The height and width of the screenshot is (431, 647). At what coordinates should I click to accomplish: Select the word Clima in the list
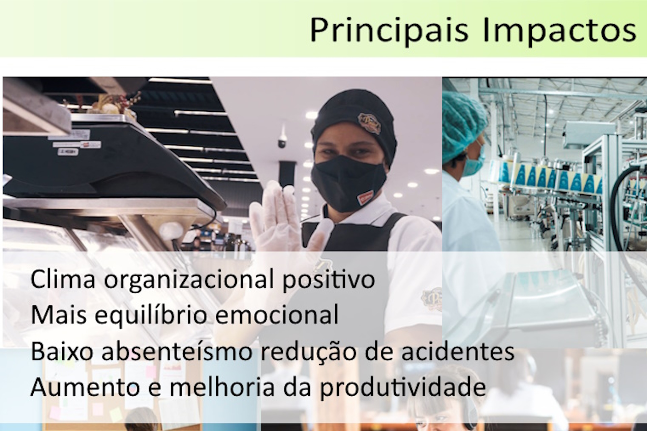click(63, 279)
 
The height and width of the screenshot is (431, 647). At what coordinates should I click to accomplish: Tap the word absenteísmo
click(177, 351)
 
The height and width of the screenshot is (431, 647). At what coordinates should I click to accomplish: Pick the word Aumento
click(85, 387)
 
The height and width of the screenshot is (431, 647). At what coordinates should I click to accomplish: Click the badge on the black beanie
click(369, 123)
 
